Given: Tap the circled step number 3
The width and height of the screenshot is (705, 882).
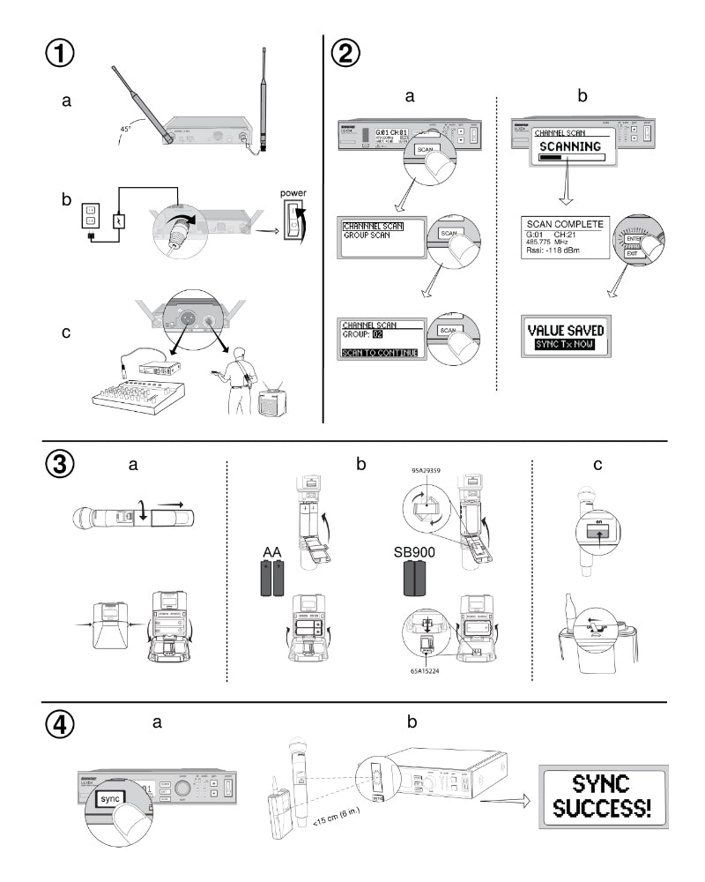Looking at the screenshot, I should click(x=61, y=465).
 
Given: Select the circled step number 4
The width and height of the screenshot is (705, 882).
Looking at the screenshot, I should click(x=61, y=724).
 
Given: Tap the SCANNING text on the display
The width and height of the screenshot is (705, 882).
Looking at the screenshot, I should click(x=570, y=146).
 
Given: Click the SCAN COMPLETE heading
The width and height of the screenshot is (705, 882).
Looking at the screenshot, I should click(x=563, y=224).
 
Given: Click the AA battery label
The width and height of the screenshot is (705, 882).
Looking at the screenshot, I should click(x=271, y=552).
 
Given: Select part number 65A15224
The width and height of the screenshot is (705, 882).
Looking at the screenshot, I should click(x=425, y=669).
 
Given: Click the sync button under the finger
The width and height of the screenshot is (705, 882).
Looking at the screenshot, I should click(x=109, y=797).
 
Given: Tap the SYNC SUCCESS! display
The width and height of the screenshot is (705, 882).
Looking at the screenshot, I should click(x=603, y=796).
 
